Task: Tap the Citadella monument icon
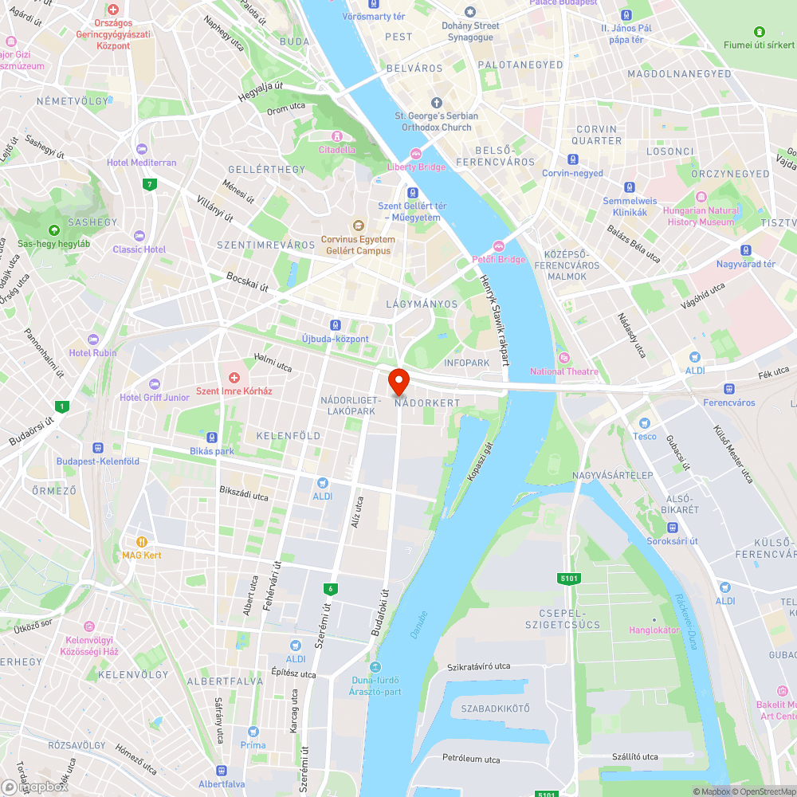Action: click(x=337, y=136)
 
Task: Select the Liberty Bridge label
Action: click(x=416, y=167)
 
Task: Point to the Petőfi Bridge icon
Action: click(x=500, y=245)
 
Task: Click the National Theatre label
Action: click(x=563, y=371)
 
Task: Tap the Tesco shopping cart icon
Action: click(x=645, y=422)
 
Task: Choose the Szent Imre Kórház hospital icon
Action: click(x=234, y=377)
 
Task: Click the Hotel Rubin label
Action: click(x=92, y=353)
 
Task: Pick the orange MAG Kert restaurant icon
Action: click(x=142, y=541)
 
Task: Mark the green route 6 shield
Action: click(x=329, y=589)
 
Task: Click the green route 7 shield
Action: click(x=149, y=185)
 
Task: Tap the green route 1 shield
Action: click(x=62, y=406)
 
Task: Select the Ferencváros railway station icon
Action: click(x=728, y=389)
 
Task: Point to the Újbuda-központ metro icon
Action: click(x=336, y=325)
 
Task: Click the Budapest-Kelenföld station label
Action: click(x=97, y=461)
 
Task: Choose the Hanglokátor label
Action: click(x=654, y=630)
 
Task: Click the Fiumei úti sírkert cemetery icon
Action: click(x=759, y=31)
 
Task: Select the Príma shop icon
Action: click(x=253, y=732)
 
